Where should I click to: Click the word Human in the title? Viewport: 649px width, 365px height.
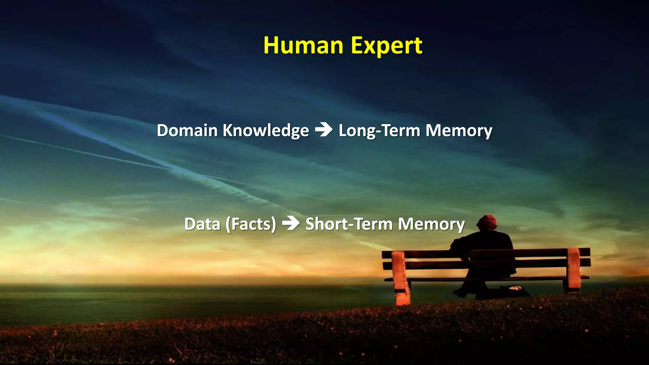303,46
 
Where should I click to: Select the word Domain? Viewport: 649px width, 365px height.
187,131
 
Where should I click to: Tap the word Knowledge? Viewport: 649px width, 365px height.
266,131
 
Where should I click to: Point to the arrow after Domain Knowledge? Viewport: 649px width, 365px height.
324,130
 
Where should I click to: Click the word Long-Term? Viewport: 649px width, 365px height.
379,131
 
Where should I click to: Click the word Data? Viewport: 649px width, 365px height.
202,224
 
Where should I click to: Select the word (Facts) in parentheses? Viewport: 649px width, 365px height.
251,224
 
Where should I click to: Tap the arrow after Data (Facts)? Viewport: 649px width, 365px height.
291,223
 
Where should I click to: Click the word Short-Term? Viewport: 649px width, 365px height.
349,224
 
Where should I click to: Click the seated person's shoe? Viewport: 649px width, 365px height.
459,293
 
